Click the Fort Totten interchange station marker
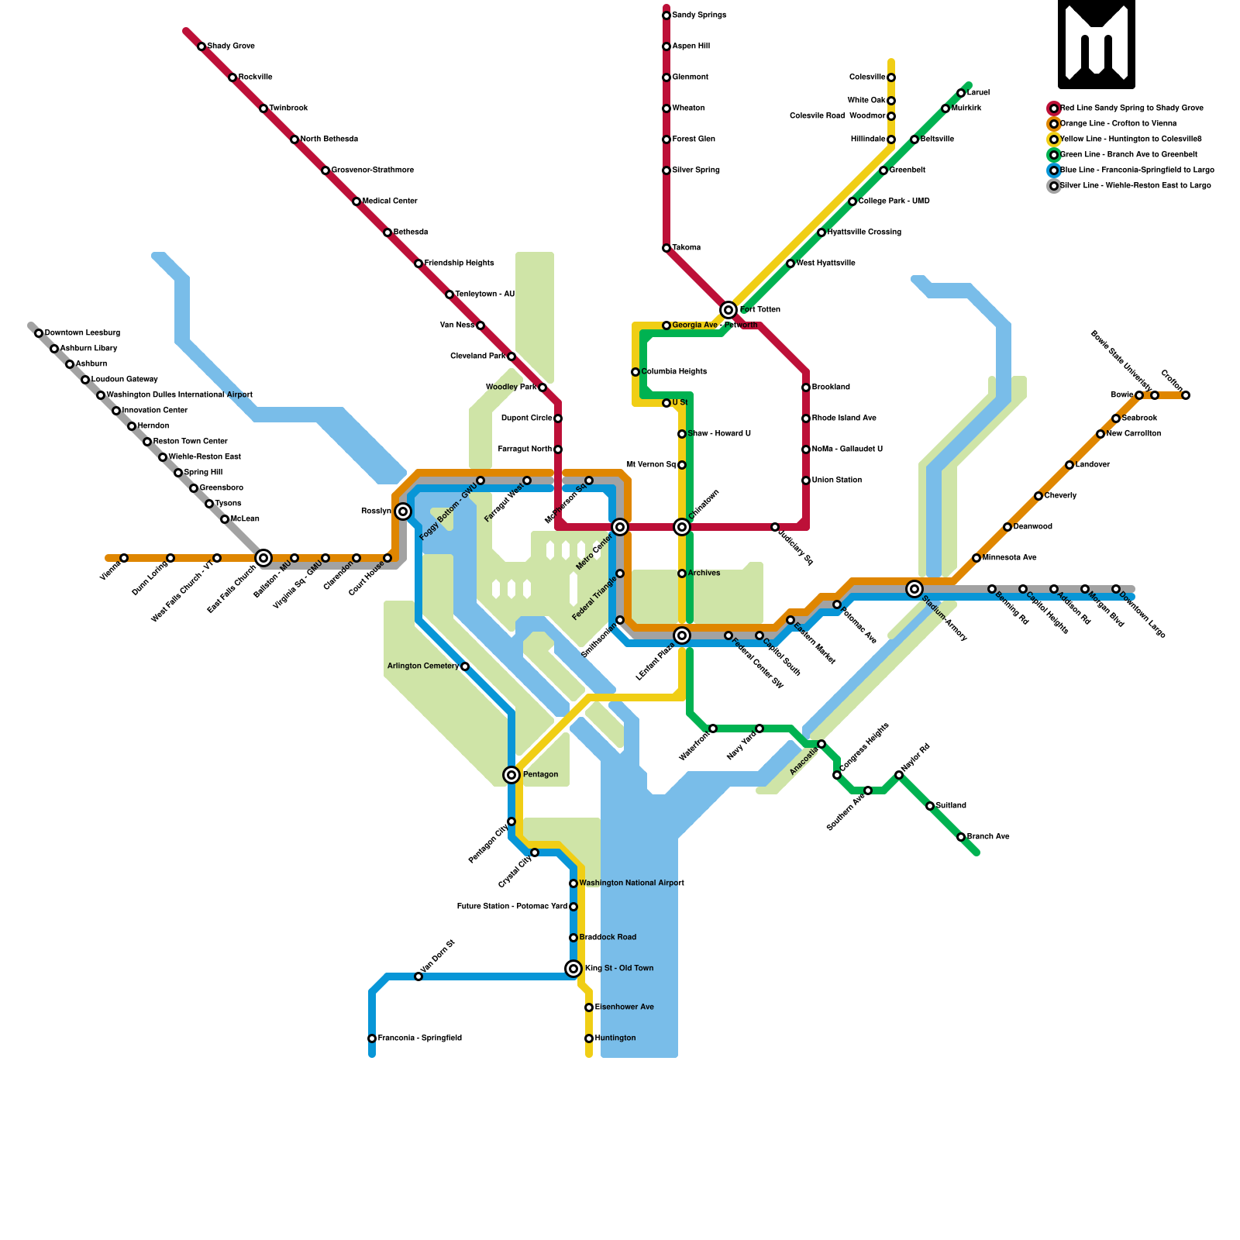pyautogui.click(x=728, y=310)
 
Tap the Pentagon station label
pyautogui.click(x=540, y=775)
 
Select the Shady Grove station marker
pyautogui.click(x=201, y=46)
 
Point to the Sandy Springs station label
pyautogui.click(x=699, y=15)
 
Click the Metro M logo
pyautogui.click(x=1096, y=44)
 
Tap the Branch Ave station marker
pyautogui.click(x=961, y=837)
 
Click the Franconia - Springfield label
pyautogui.click(x=420, y=1038)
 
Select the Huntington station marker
pyautogui.click(x=589, y=1038)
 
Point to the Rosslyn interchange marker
pyautogui.click(x=403, y=511)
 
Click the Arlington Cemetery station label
pyautogui.click(x=422, y=666)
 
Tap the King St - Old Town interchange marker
pyautogui.click(x=573, y=969)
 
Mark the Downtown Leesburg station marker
pyautogui.click(x=39, y=333)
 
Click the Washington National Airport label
pyautogui.click(x=632, y=883)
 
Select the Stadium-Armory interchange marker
pyautogui.click(x=914, y=589)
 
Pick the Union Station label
pyautogui.click(x=837, y=480)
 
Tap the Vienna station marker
pyautogui.click(x=124, y=558)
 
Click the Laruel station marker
pyautogui.click(x=961, y=93)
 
